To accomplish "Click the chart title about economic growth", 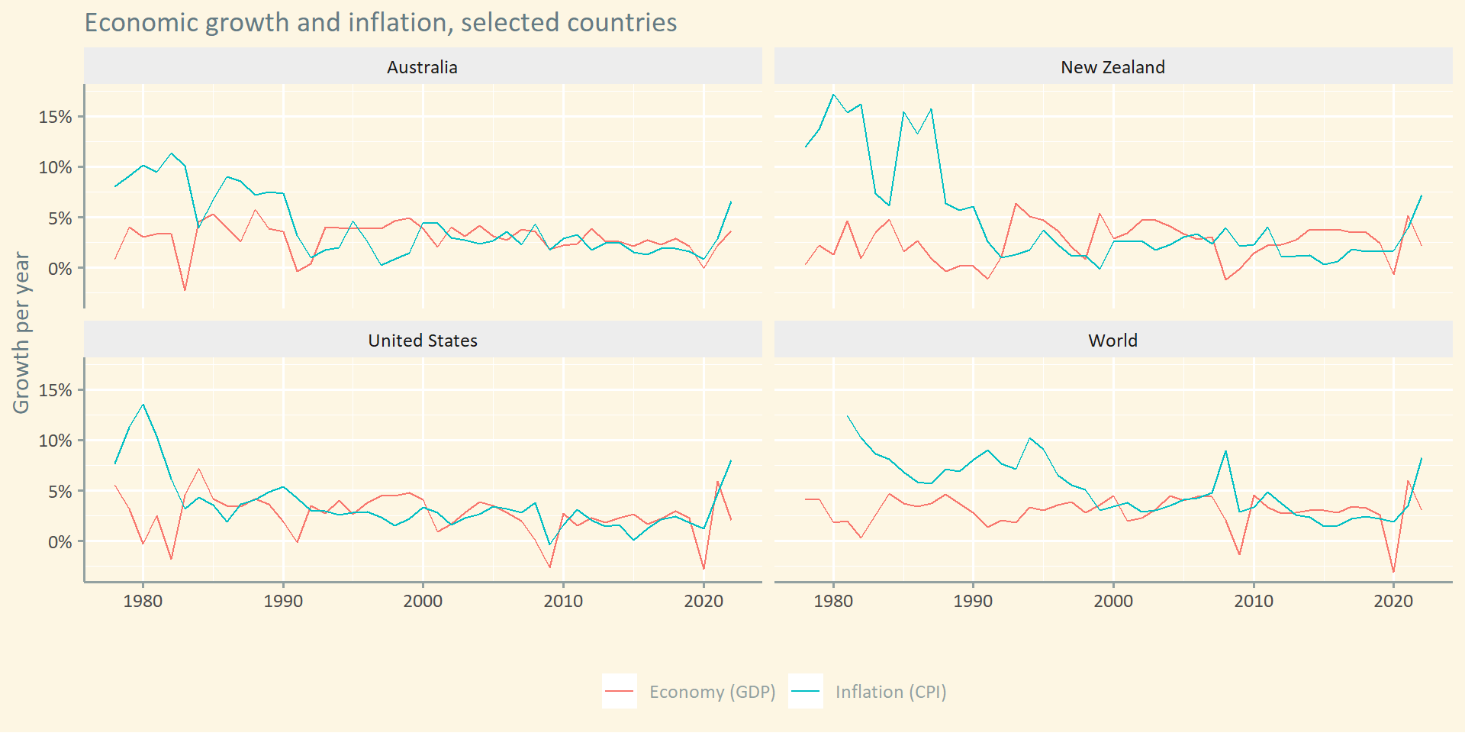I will pos(380,23).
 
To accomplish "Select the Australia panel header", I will pos(422,67).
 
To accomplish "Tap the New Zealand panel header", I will pos(1112,67).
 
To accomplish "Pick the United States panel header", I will pos(422,341).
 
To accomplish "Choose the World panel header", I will pos(1112,341).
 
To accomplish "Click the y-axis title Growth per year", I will pos(21,333).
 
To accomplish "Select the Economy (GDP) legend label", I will pos(712,692).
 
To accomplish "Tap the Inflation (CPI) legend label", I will pos(890,692).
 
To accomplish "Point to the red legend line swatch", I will pos(619,692).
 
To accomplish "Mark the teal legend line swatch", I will pos(805,692).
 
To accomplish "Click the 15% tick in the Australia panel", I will pos(55,117).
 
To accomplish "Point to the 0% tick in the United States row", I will pos(60,542).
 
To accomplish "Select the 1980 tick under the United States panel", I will pos(143,601).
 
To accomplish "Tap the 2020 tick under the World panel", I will pos(1393,601).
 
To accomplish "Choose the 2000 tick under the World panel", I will pos(1113,601).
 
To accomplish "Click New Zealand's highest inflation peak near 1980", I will pos(833,95).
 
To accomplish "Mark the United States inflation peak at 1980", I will pos(143,405).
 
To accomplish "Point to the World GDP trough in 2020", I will pos(1393,572).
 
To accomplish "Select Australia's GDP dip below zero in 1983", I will pos(185,290).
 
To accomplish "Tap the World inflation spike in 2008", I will pos(1225,451).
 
